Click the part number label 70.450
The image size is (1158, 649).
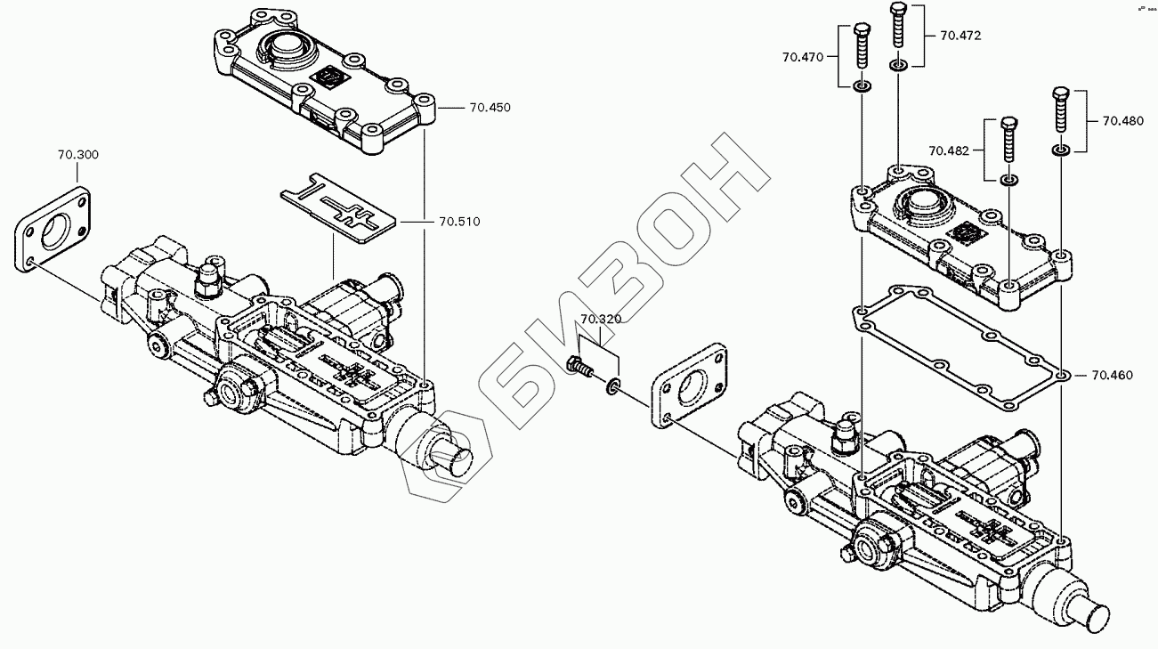(x=490, y=108)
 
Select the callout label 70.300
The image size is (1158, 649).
(x=78, y=155)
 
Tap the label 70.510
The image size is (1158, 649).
(x=458, y=221)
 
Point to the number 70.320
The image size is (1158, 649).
(x=601, y=319)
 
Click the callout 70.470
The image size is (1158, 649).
(x=804, y=57)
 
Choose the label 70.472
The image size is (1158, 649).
(x=960, y=36)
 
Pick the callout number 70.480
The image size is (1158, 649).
(x=1123, y=121)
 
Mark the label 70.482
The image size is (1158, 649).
(x=950, y=150)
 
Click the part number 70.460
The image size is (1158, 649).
(x=1112, y=375)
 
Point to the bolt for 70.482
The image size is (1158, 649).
(x=1008, y=139)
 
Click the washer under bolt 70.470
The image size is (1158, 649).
(x=862, y=86)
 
